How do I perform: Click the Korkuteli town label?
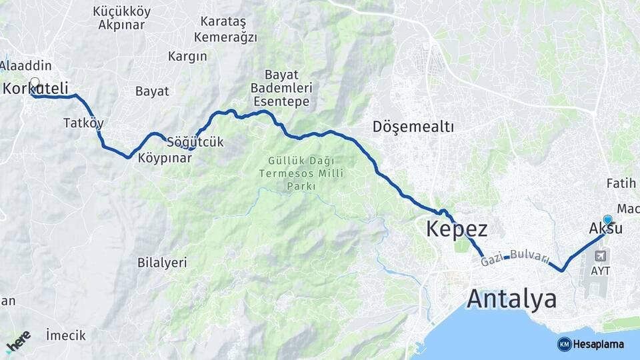pos(32,88)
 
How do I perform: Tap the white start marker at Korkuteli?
pos(35,83)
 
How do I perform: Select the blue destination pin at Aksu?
pos(607,219)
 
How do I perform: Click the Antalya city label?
pos(511,299)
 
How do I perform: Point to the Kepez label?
pos(457,229)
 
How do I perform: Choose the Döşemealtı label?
pos(413,127)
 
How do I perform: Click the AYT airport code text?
pos(600,271)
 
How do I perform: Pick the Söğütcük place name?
pos(195,142)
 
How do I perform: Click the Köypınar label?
pos(165,158)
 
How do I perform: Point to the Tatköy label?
pos(83,123)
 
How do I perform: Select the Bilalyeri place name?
pos(162,262)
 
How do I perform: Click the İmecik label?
pos(66,335)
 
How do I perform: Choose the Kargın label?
pos(187,56)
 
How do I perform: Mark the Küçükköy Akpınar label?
pos(122,18)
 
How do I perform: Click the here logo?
pos(18,341)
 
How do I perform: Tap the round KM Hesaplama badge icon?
pos(564,344)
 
